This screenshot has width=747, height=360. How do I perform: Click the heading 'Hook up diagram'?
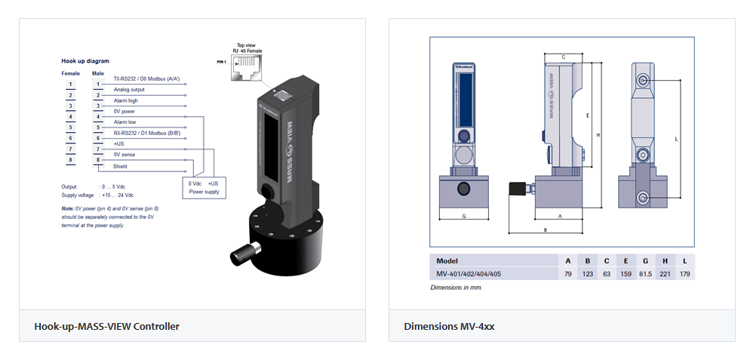(85, 60)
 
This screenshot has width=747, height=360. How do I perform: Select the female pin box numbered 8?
(70, 160)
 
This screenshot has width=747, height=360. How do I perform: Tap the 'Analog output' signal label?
(129, 89)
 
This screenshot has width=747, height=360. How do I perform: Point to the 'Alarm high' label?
(125, 100)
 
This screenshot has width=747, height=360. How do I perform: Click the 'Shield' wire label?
(121, 166)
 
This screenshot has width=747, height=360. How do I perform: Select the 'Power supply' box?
(203, 187)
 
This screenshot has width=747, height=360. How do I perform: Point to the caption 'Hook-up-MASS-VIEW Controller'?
(107, 327)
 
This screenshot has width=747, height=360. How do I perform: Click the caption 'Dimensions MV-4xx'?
(449, 327)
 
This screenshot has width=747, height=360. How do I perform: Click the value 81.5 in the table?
(645, 273)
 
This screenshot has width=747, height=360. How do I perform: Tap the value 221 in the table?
(665, 273)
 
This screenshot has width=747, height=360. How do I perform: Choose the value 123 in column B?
(587, 273)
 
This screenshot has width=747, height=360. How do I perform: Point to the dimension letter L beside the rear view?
(676, 139)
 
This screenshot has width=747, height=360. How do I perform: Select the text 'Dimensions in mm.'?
(456, 287)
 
